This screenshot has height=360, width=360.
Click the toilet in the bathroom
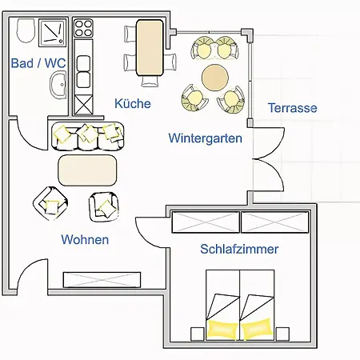tap(26, 31)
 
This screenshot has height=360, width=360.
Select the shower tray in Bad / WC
tap(53, 33)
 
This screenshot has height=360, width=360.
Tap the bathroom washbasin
tap(58, 85)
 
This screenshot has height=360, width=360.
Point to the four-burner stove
tap(83, 28)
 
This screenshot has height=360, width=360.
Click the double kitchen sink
tap(83, 71)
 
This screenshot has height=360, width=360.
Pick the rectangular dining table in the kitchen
tap(150, 48)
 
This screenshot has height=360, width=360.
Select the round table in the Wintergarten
tap(215, 78)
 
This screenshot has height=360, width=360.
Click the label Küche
tap(133, 103)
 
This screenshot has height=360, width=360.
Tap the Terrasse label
tap(293, 108)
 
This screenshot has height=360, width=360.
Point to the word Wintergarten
tap(206, 138)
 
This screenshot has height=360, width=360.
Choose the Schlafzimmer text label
tap(239, 249)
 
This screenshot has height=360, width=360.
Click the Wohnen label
tap(85, 239)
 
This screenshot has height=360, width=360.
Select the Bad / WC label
tap(38, 63)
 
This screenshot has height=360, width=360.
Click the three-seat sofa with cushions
tap(88, 136)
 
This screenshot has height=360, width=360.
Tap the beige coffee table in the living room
tap(87, 170)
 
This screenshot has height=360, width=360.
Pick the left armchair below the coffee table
tap(50, 203)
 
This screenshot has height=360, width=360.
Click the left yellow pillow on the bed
tap(222, 329)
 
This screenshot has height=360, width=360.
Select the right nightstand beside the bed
tap(282, 334)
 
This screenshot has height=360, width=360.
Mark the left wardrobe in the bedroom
tap(206, 222)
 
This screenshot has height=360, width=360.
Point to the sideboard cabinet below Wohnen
tap(102, 280)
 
